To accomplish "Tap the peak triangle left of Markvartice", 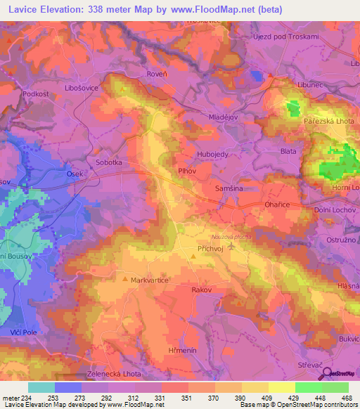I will (126, 280).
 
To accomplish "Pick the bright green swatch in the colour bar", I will (308, 387).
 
